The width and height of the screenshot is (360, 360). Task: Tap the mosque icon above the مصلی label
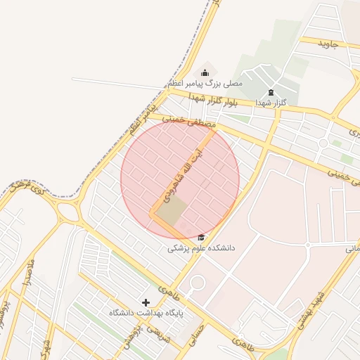pos(205,72)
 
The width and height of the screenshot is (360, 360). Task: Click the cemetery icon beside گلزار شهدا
pos(271,93)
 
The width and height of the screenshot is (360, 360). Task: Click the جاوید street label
pos(328,44)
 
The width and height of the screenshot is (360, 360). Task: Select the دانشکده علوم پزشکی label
pos(202,248)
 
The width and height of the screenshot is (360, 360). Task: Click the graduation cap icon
pos(202,238)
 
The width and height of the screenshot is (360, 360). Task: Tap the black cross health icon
pos(146,302)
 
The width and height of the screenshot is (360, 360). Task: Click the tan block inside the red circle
pos(171,211)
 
